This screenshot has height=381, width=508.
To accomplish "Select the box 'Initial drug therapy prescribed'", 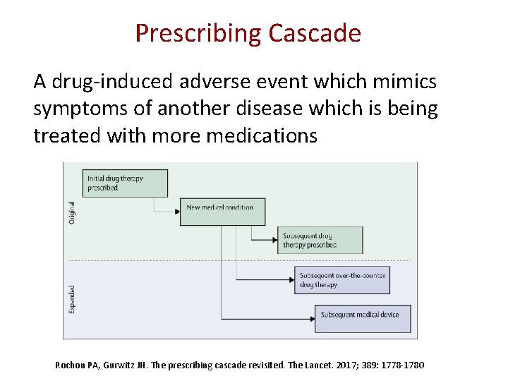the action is (x=126, y=183).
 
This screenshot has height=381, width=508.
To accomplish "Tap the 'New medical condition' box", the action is (x=221, y=210).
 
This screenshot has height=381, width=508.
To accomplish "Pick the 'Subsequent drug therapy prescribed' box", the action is (x=320, y=240).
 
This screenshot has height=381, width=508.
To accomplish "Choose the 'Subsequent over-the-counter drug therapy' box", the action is (x=341, y=280).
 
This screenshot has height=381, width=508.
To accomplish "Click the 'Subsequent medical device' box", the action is (x=363, y=318).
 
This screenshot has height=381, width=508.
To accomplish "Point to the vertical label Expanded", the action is (x=71, y=299).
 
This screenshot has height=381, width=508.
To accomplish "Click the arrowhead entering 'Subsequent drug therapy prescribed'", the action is (x=274, y=240).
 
